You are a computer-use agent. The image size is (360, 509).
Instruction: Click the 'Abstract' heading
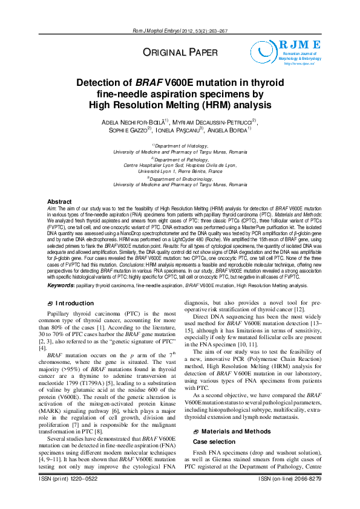click(59, 201)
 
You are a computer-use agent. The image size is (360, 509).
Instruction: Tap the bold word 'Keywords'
click(61, 284)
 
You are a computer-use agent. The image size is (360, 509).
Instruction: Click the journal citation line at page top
click(180, 31)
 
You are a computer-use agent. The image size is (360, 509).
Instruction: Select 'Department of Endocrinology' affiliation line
click(180, 179)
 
